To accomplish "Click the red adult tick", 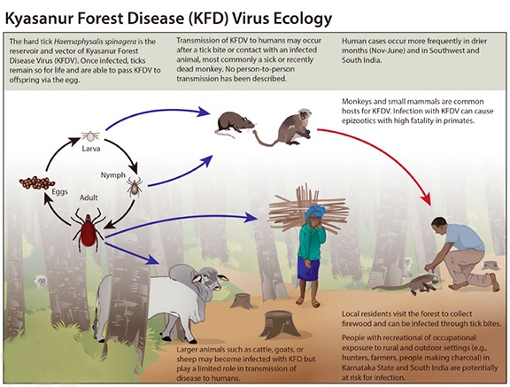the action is point(89,229).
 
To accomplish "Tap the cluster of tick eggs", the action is point(37,183).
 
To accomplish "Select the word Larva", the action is point(90,149).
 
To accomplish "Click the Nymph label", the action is point(112,175).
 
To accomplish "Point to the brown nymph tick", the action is point(135,187).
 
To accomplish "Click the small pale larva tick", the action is point(90,135).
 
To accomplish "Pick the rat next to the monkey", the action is point(235,123).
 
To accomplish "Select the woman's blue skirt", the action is point(308,268).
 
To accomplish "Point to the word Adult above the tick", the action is point(89,197).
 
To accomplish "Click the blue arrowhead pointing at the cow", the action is point(153,259).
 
